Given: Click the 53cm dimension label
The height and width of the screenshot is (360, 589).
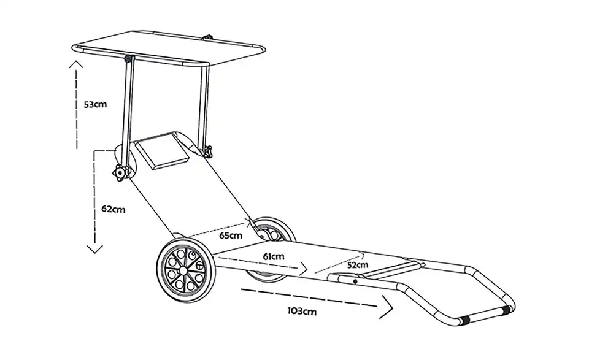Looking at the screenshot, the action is [x=95, y=104].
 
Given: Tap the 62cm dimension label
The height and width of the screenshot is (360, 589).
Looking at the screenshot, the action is [x=113, y=209].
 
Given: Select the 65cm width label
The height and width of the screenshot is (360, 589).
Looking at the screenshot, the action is [x=231, y=236].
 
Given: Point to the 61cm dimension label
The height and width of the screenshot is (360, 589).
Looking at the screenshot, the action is [x=274, y=257].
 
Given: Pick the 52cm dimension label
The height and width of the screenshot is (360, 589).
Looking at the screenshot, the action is [x=358, y=265].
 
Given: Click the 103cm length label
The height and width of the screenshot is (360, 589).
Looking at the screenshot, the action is [x=302, y=311].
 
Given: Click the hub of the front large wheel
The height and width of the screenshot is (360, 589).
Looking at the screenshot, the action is [x=183, y=270].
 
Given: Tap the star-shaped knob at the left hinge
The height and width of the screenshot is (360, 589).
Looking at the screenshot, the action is [x=120, y=173].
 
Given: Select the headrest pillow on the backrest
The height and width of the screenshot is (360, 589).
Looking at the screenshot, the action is [x=162, y=150].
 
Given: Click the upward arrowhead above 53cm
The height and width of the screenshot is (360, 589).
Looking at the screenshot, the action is [x=76, y=64].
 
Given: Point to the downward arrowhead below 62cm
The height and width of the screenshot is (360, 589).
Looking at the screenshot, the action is [x=94, y=249].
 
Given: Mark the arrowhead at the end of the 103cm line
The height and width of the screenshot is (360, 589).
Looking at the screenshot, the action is [x=387, y=307].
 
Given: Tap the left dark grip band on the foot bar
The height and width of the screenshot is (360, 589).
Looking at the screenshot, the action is [x=464, y=320].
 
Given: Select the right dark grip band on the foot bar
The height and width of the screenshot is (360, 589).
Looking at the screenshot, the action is [x=506, y=310].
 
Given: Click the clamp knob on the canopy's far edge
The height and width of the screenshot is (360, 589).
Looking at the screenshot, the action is [x=207, y=37].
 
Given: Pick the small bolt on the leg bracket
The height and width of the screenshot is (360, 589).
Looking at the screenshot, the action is [x=355, y=281].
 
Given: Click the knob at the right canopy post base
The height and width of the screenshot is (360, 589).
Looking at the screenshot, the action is [x=207, y=151].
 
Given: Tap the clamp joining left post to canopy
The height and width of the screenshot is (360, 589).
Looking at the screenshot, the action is [x=129, y=59].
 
